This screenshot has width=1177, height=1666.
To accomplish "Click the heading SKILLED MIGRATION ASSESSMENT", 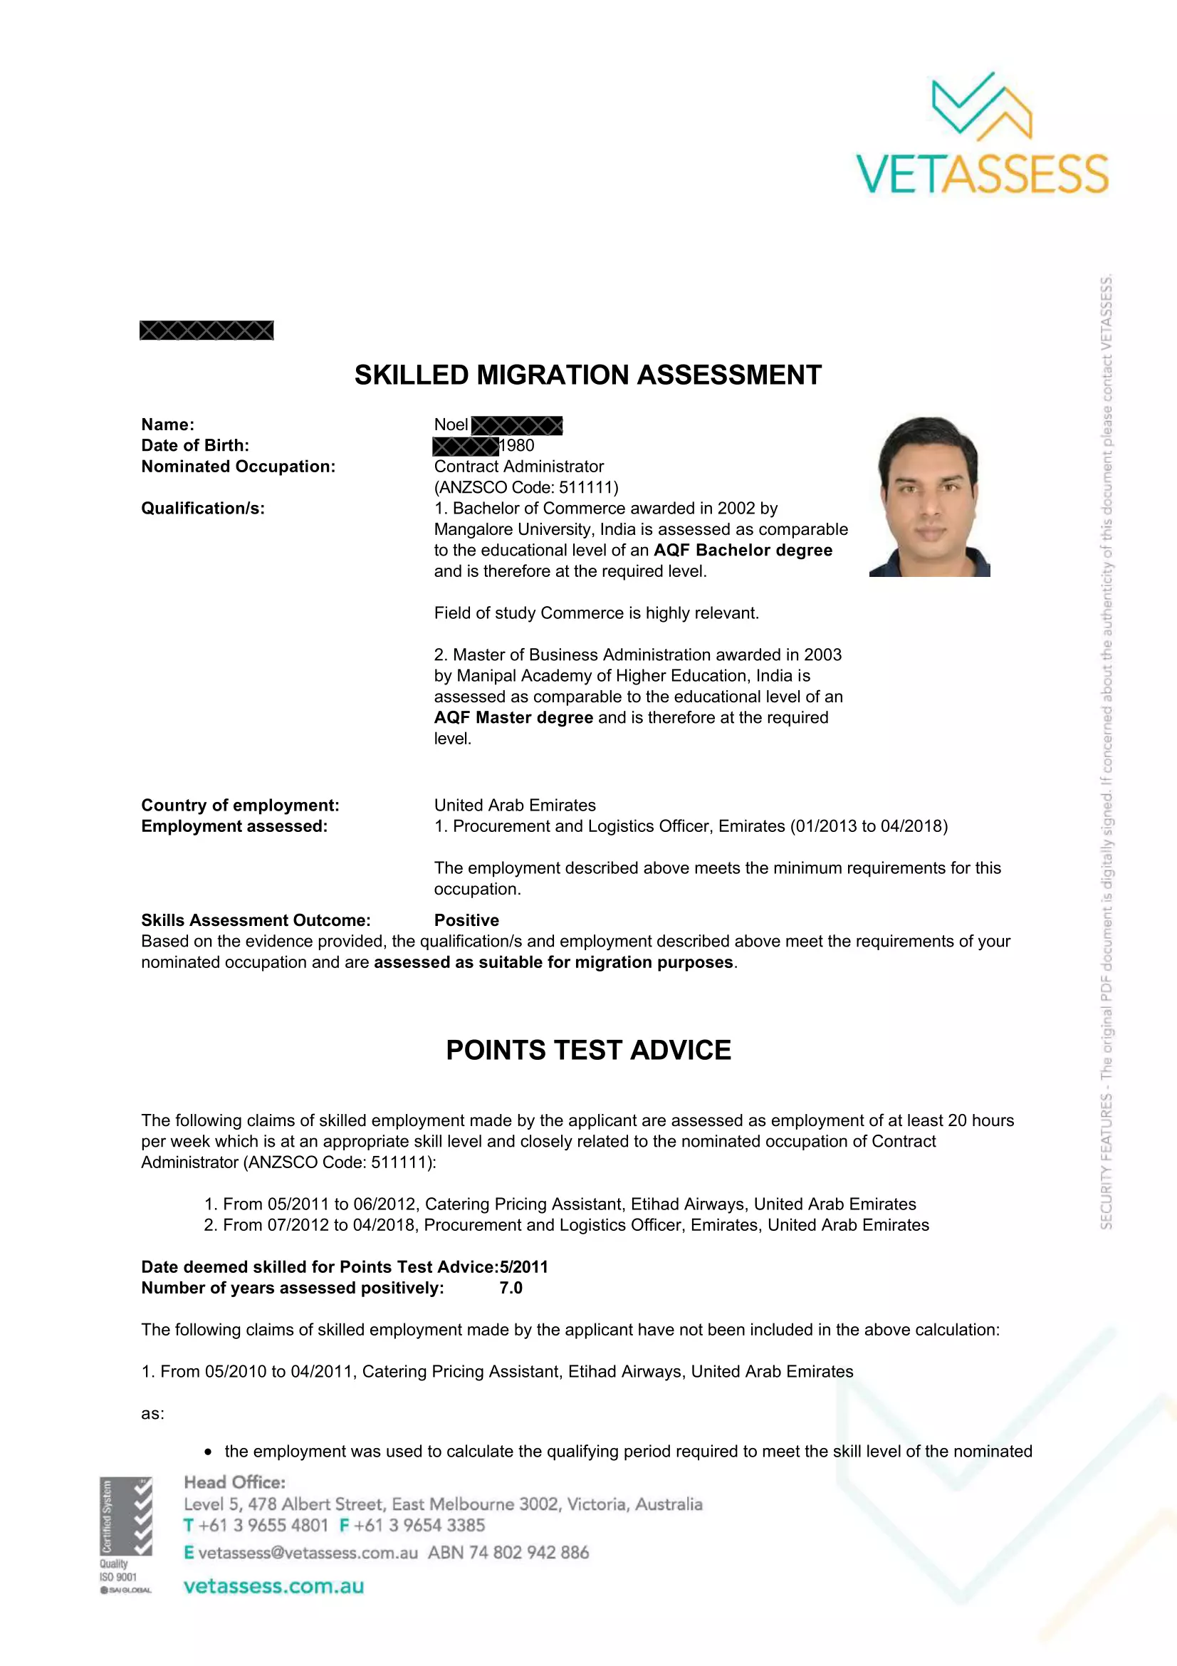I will coord(587,375).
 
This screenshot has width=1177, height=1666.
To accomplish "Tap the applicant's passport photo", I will coord(929,496).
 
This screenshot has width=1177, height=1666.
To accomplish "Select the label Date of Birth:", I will coord(195,445).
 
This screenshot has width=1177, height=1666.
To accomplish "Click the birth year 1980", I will coord(517,445).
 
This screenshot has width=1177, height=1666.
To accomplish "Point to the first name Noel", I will coord(451,425).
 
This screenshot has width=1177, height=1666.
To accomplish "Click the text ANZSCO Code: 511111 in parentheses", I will coord(525,487).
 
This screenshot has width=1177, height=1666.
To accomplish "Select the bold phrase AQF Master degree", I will coord(513,718).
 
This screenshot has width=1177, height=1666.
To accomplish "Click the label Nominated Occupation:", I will coord(238,467).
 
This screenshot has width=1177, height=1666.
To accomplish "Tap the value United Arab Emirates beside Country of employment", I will coord(515,806).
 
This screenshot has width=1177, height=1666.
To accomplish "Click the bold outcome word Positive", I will coord(466,920).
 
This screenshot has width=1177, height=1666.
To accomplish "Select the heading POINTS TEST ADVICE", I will coord(588,1050).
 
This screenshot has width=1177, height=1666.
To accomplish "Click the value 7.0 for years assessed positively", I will coord(511,1288).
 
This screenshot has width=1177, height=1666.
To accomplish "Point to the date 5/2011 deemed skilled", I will coord(523,1267).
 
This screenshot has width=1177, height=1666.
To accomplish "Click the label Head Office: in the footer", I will coord(234,1482).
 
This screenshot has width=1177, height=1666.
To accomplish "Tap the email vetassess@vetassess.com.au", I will coord(308,1552).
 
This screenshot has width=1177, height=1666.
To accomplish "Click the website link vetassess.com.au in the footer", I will coord(273,1586).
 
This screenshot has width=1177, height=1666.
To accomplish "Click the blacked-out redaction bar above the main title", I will coord(206,331).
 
